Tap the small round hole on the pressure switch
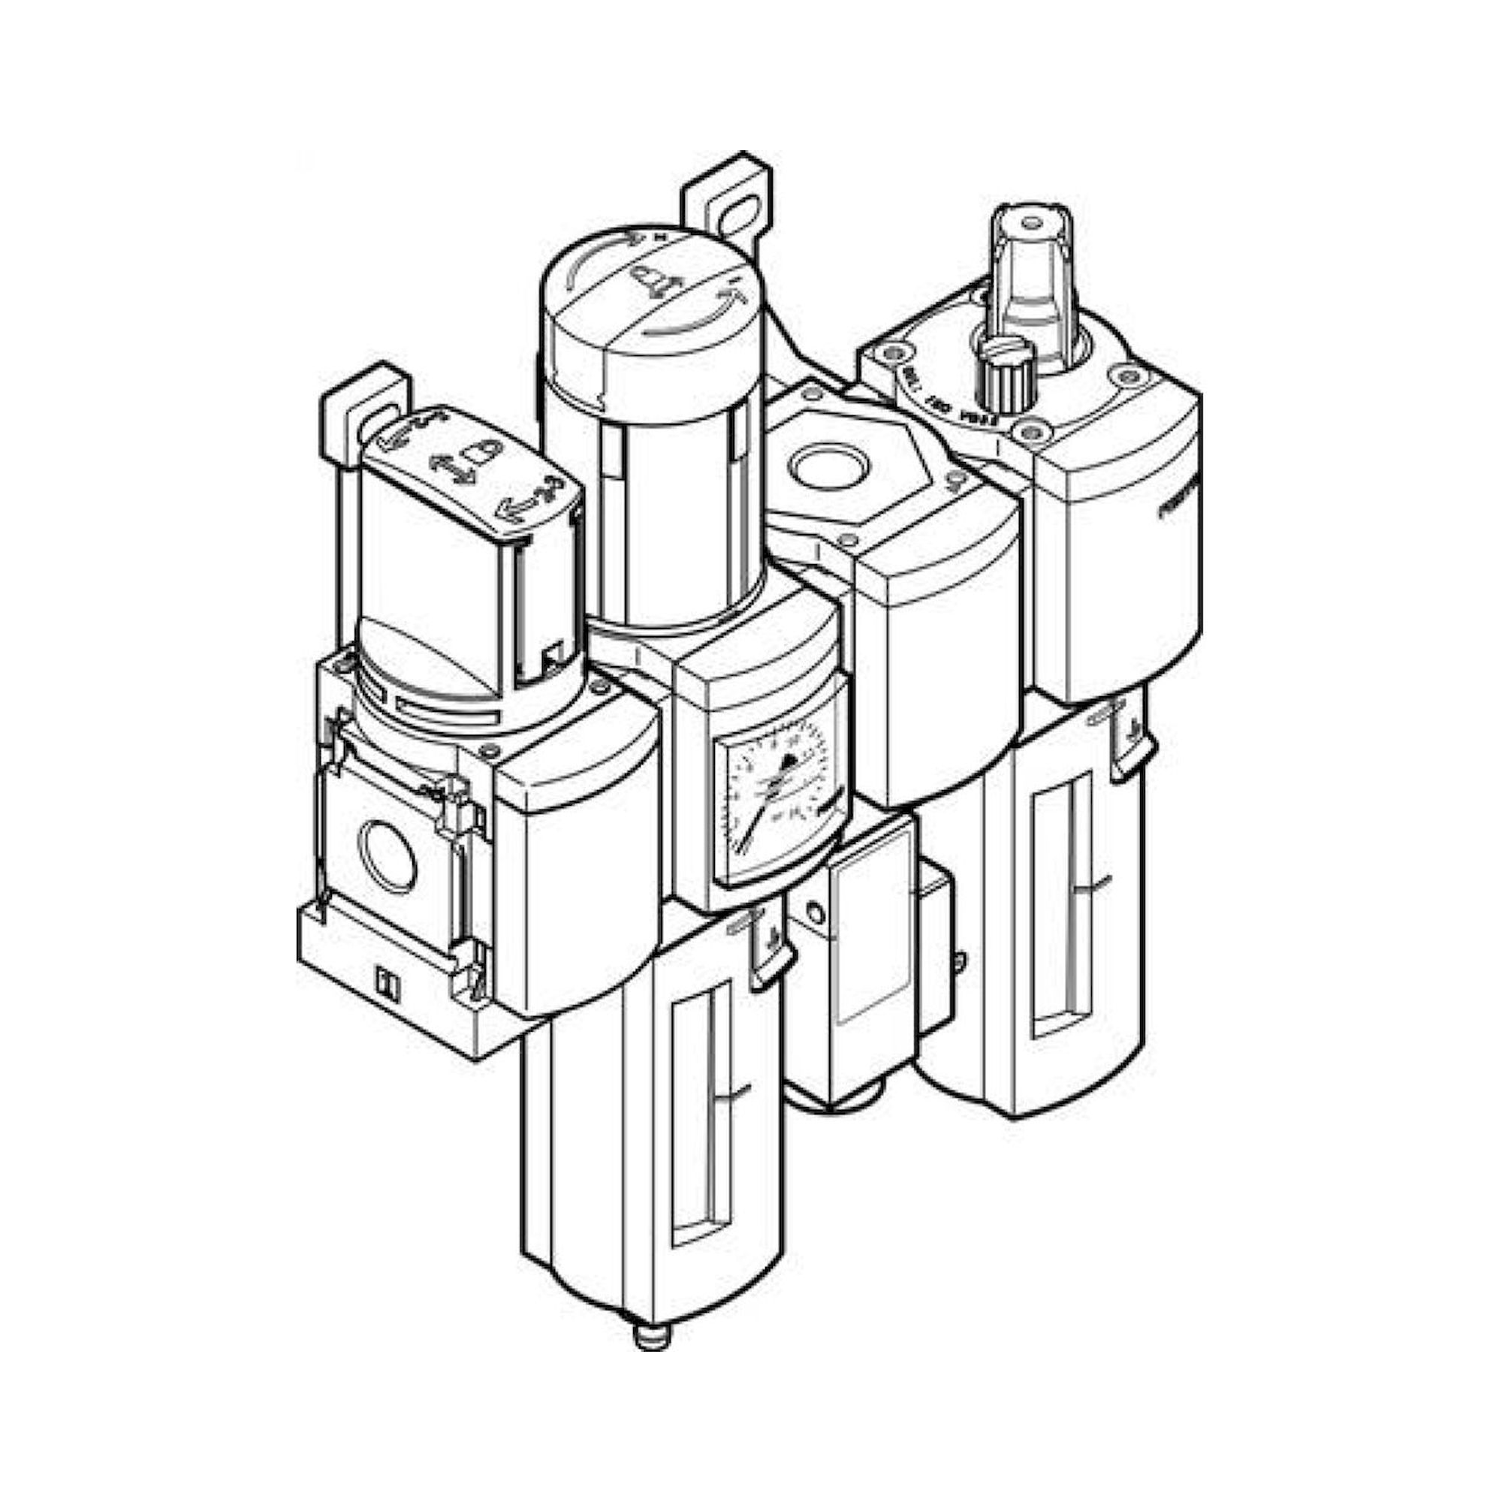point(814,910)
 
